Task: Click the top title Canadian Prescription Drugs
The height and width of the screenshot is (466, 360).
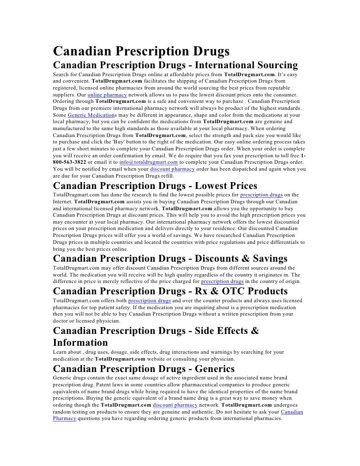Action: coord(141,51)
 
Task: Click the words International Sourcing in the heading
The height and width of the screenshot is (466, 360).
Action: coord(245,66)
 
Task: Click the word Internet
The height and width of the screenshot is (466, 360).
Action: coord(63,202)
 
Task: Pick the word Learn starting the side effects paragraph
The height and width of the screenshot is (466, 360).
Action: coord(61,352)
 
